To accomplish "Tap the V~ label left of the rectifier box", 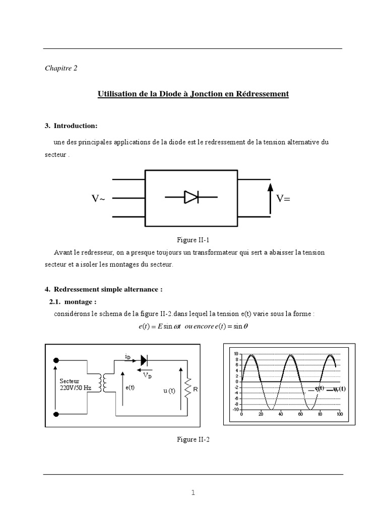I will point(99,199).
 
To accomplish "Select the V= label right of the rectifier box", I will point(284,199).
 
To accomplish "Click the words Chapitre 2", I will point(61,69).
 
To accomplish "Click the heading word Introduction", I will point(76,125).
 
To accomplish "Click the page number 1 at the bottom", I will point(193,493).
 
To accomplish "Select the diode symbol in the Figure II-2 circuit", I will point(145,360).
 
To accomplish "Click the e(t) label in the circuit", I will point(130,388).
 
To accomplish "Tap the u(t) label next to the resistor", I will point(169,391).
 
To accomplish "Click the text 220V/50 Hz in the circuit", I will point(77,388).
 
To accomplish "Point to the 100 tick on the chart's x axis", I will point(339,414).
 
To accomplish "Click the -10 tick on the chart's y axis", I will point(236,409).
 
